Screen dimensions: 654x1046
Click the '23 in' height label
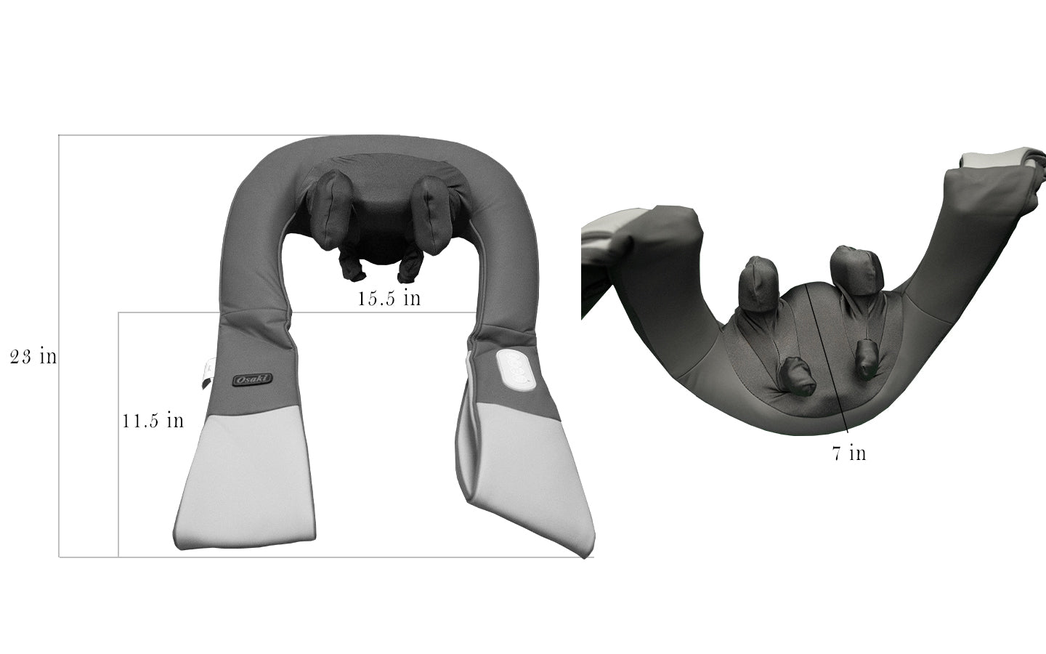click(x=33, y=357)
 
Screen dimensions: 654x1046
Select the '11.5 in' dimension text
click(x=153, y=421)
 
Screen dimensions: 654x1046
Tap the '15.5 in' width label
click(x=389, y=298)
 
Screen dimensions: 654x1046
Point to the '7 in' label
click(x=848, y=453)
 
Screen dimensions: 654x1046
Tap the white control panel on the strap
click(x=516, y=369)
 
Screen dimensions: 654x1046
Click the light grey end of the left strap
click(x=243, y=480)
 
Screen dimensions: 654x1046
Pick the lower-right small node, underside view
click(x=866, y=360)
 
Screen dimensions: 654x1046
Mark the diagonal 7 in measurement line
click(x=827, y=356)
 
